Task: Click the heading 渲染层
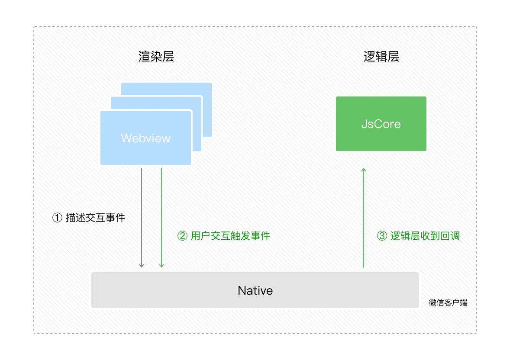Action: pyautogui.click(x=156, y=57)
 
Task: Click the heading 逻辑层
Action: pyautogui.click(x=381, y=57)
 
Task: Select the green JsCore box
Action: pyautogui.click(x=381, y=124)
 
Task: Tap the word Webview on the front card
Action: pyautogui.click(x=145, y=138)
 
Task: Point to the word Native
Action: pyautogui.click(x=255, y=290)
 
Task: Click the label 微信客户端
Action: pyautogui.click(x=448, y=303)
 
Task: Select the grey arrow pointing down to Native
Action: pyautogui.click(x=142, y=216)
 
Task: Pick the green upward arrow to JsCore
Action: pyautogui.click(x=364, y=216)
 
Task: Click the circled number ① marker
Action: pyautogui.click(x=57, y=218)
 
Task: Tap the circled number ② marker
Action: pyautogui.click(x=182, y=236)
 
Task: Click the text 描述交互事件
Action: pyautogui.click(x=95, y=218)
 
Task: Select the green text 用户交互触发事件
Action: pyautogui.click(x=230, y=236)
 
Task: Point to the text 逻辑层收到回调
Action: pyautogui.click(x=425, y=236)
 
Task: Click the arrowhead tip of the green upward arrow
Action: pyautogui.click(x=364, y=170)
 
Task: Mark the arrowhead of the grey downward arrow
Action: pyautogui.click(x=142, y=266)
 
